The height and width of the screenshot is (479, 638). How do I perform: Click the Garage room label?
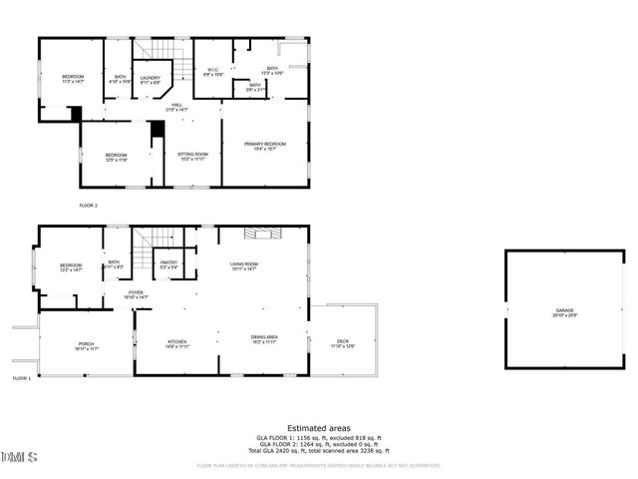pyautogui.click(x=565, y=313)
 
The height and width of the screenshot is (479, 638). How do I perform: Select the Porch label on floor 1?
pyautogui.click(x=86, y=345)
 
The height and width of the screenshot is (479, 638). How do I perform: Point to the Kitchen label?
pyautogui.click(x=176, y=342)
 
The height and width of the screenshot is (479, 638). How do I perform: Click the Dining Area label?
pyautogui.click(x=264, y=338)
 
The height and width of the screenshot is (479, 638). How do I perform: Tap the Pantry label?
pyautogui.click(x=169, y=264)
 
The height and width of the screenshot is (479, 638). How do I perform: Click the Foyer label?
pyautogui.click(x=136, y=294)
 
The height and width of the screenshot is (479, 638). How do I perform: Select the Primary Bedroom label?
pyautogui.click(x=265, y=146)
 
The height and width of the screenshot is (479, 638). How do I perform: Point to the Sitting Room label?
pyautogui.click(x=192, y=156)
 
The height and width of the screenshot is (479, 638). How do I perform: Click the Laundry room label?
pyautogui.click(x=151, y=79)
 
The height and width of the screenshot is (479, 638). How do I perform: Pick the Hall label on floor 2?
pyautogui.click(x=175, y=107)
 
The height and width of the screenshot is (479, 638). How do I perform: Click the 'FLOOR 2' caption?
pyautogui.click(x=89, y=206)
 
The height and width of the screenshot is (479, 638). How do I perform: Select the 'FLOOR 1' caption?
pyautogui.click(x=21, y=379)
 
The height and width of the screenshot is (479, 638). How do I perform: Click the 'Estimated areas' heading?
pyautogui.click(x=318, y=428)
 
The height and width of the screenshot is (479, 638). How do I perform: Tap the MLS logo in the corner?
pyautogui.click(x=19, y=457)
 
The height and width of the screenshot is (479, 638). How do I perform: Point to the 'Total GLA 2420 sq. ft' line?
pyautogui.click(x=318, y=452)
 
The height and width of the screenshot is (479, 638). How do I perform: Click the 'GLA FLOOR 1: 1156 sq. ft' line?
pyautogui.click(x=318, y=439)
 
